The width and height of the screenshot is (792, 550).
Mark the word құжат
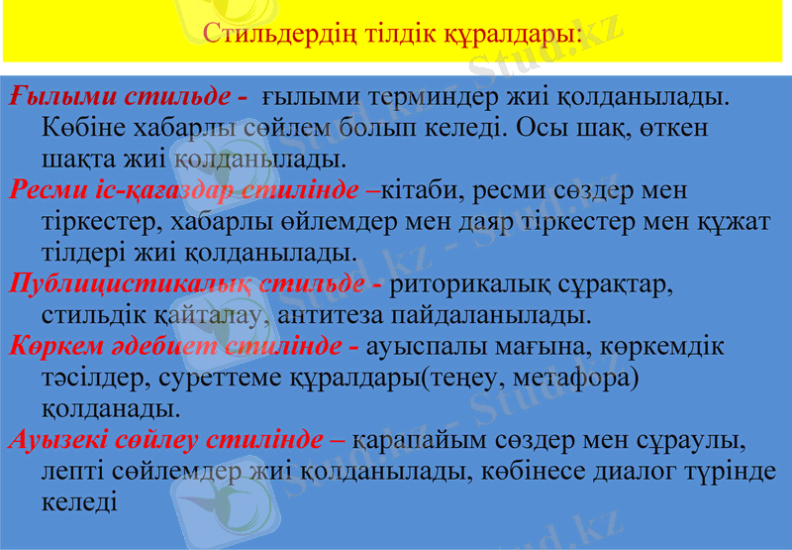click(x=735, y=220)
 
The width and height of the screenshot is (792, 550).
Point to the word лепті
click(x=76, y=471)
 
